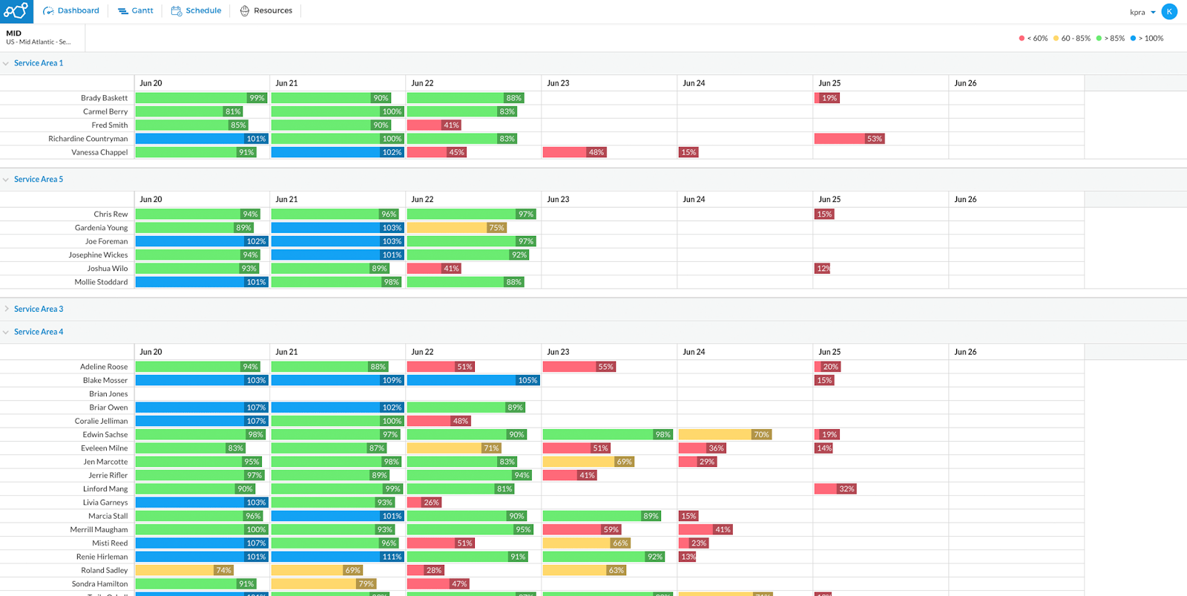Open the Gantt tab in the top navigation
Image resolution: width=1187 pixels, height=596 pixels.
[x=136, y=10]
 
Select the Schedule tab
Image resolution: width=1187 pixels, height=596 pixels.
[x=197, y=10]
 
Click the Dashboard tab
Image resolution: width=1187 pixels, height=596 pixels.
[x=71, y=10]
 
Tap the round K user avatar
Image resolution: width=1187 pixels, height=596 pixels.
[x=1169, y=11]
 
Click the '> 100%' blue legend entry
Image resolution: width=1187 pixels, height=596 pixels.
[x=1148, y=39]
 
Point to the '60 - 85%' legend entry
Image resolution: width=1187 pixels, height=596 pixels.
[x=1073, y=39]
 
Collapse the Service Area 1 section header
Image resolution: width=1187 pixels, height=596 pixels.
[x=38, y=63]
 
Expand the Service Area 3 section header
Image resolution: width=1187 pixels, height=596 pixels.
[x=38, y=309]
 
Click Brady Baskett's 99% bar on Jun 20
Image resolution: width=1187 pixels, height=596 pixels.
[x=200, y=98]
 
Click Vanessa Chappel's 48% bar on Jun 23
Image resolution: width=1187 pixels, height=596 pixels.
[x=574, y=152]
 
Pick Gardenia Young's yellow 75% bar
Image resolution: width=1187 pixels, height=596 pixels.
[x=456, y=228]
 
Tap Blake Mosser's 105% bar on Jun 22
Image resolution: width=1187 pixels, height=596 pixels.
[x=473, y=380]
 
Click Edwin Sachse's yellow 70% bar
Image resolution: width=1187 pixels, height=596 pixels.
[x=724, y=435]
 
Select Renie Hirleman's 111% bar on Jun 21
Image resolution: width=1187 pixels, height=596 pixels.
[x=337, y=557]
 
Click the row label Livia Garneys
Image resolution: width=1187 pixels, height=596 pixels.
[x=105, y=502]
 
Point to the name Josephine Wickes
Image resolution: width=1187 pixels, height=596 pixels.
[x=98, y=255]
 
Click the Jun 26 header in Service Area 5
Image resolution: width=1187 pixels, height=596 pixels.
[x=965, y=199]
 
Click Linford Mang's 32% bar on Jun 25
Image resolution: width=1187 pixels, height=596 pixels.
[x=835, y=489]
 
